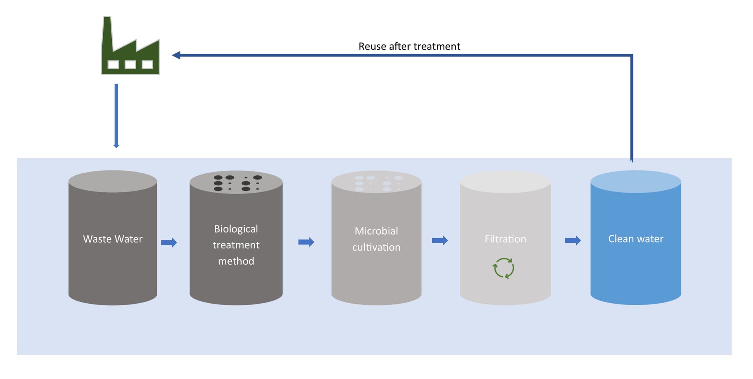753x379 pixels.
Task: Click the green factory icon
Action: (130, 55)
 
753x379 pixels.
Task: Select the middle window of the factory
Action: (130, 64)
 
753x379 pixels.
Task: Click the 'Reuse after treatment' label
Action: (409, 46)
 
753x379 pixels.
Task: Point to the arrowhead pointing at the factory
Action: (176, 55)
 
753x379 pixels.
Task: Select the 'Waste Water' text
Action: (113, 239)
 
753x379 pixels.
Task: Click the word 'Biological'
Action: (236, 229)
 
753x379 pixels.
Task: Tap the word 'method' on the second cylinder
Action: (236, 261)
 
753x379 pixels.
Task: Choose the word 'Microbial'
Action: (376, 231)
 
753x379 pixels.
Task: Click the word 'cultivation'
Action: (376, 247)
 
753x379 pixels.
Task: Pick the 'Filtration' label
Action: (505, 239)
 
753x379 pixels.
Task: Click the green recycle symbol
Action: (504, 268)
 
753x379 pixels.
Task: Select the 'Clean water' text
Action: (635, 239)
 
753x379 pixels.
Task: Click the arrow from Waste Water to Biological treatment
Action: (169, 242)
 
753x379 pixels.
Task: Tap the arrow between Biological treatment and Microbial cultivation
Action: (306, 242)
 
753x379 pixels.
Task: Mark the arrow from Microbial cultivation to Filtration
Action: (440, 240)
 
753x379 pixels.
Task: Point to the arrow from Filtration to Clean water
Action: (573, 240)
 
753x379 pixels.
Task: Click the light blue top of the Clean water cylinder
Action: (635, 181)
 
